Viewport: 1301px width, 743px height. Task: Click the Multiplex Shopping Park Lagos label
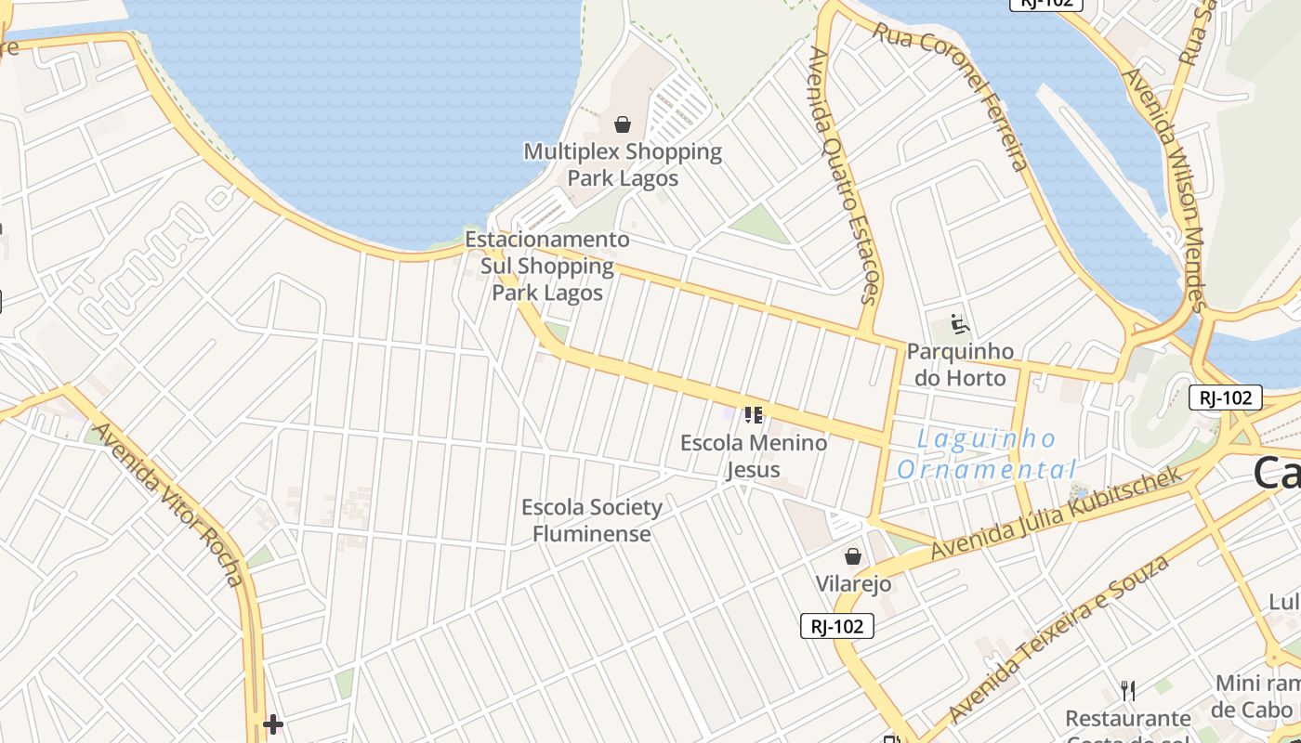[x=623, y=164]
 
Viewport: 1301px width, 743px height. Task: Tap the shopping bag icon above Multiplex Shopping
[x=623, y=124]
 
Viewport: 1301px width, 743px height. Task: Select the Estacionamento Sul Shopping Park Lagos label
[x=547, y=266]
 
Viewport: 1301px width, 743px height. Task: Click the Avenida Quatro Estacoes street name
[x=844, y=176]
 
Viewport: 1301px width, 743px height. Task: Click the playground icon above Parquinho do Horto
[x=960, y=325]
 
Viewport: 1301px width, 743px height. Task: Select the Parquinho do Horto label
[x=960, y=364]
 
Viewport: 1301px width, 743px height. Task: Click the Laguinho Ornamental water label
[x=987, y=453]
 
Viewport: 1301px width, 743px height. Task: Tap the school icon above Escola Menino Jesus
[x=753, y=414]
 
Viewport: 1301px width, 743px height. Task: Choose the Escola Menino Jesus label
[x=754, y=455]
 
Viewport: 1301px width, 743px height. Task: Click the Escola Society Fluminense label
[x=592, y=520]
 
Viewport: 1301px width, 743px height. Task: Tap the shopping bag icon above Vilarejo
[x=852, y=556]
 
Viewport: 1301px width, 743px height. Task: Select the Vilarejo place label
[x=853, y=583]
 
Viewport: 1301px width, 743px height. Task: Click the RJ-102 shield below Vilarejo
[x=836, y=626]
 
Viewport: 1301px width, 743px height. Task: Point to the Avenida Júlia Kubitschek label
[x=1056, y=513]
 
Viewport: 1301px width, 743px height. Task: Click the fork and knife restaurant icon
[x=1127, y=690]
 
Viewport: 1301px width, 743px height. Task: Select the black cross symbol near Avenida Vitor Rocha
[x=272, y=724]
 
